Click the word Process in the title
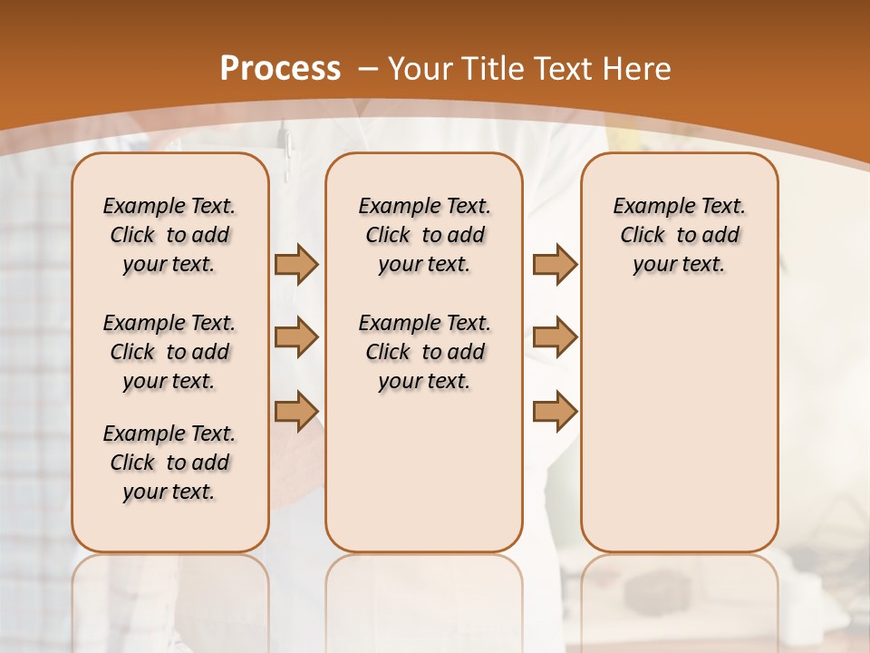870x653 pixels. (x=281, y=68)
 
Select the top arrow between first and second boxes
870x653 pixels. (x=296, y=264)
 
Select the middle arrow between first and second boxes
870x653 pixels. (x=296, y=337)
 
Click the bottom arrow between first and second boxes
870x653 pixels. (x=296, y=410)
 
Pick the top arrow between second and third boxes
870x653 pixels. (x=555, y=264)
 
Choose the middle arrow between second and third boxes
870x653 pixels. (x=555, y=337)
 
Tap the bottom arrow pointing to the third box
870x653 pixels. (x=555, y=410)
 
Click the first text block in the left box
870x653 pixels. (x=169, y=235)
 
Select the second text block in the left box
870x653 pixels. (x=169, y=352)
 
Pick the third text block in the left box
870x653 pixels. (x=169, y=463)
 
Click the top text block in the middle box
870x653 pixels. (x=424, y=235)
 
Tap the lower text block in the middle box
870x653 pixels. (x=424, y=352)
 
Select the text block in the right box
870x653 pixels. (x=679, y=235)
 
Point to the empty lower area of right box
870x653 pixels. (x=679, y=417)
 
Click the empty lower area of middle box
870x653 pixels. (x=424, y=472)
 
